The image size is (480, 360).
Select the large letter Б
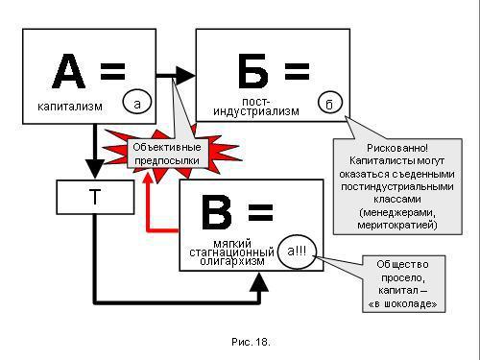tap(252, 72)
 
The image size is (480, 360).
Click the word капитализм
tap(69, 106)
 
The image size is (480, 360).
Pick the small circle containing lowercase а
tap(137, 102)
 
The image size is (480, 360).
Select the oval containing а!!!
tap(299, 252)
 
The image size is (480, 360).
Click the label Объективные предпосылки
tap(166, 154)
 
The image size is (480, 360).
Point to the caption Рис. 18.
tap(252, 341)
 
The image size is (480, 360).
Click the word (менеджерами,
tap(396, 212)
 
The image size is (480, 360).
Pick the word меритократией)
tap(396, 226)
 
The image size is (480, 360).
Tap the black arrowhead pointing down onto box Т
tap(95, 173)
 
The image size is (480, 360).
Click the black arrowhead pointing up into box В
tap(259, 280)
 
